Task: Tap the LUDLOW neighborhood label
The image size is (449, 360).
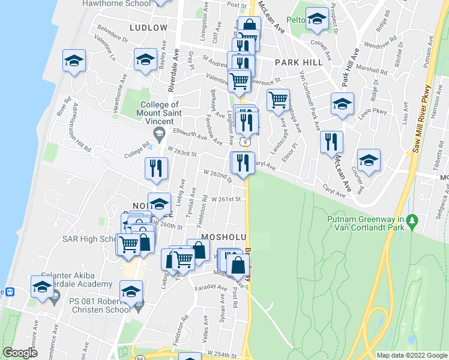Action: point(148,28)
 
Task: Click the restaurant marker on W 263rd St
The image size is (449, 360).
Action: point(155,168)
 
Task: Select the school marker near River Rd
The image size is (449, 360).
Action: point(74,61)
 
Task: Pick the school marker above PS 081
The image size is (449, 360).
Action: point(131,291)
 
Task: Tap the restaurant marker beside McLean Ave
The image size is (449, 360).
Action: point(331,142)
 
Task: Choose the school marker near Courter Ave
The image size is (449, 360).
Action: point(369,160)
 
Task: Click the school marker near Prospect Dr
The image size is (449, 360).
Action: point(316,19)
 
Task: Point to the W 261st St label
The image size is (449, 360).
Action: point(226,199)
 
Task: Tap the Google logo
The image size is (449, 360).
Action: point(20,353)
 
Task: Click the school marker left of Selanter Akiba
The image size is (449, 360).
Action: point(42,286)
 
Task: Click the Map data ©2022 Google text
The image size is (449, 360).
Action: point(411,355)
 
